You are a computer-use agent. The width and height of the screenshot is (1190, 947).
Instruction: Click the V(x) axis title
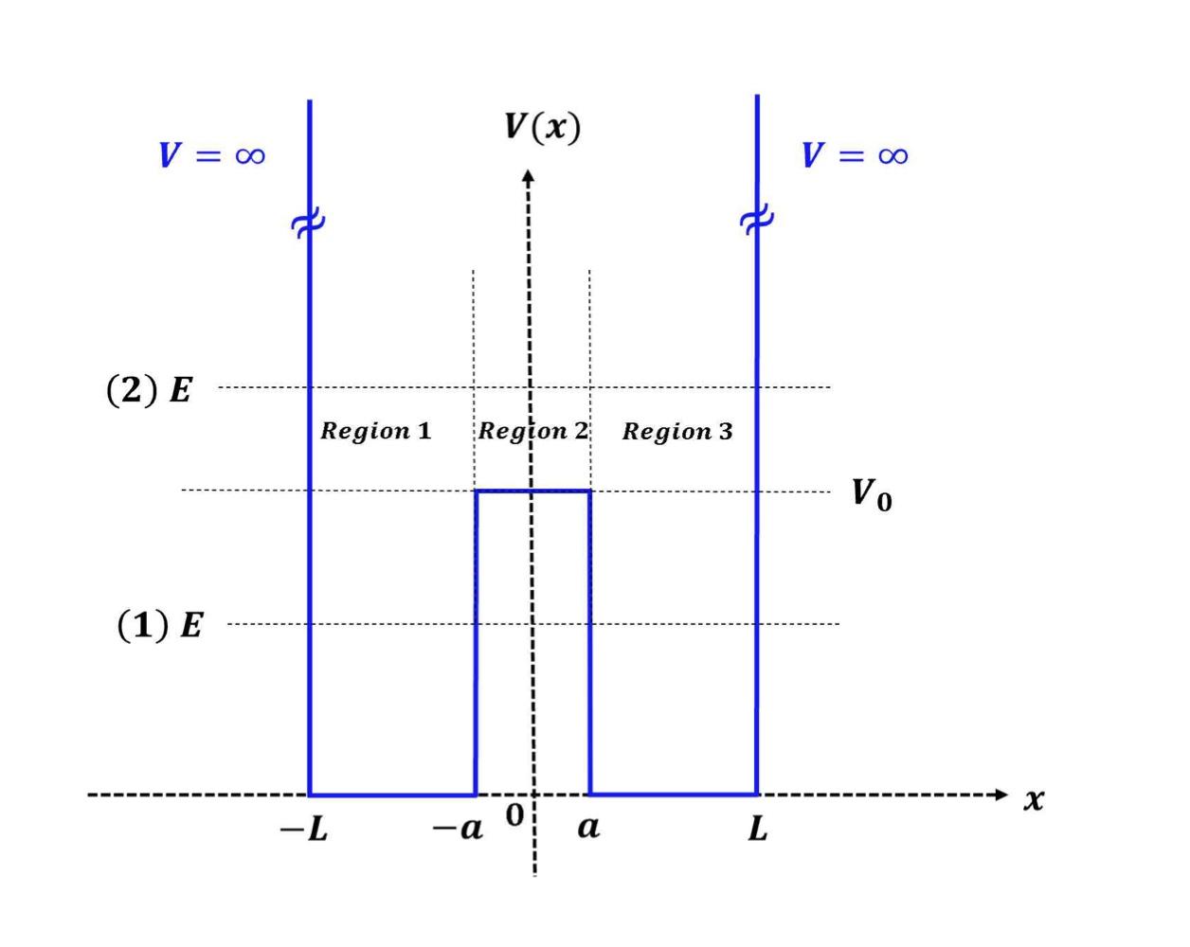(x=542, y=127)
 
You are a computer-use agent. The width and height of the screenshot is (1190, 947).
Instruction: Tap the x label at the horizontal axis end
(x=1034, y=799)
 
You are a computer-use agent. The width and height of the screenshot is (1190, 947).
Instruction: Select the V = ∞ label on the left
(x=211, y=155)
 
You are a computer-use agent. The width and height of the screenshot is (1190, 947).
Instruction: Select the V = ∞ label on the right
(x=855, y=155)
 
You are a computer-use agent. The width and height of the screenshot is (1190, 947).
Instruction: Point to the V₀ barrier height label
(x=871, y=493)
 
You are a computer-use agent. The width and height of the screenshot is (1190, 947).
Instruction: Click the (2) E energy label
(x=150, y=389)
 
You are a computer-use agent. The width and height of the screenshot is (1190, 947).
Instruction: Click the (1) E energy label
(x=159, y=625)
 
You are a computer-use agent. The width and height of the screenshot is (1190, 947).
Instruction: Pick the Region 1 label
(x=376, y=431)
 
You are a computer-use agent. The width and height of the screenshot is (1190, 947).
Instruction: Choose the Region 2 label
(x=532, y=431)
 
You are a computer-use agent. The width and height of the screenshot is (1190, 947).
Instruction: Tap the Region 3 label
(x=677, y=432)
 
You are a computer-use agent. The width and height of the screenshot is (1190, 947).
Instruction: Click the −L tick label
(x=304, y=831)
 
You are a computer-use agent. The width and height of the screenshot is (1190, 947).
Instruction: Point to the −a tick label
(x=458, y=830)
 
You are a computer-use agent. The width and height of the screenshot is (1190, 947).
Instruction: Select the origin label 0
(x=514, y=815)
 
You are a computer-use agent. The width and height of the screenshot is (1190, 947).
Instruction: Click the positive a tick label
(x=588, y=828)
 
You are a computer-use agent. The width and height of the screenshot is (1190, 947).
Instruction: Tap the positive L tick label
(x=758, y=830)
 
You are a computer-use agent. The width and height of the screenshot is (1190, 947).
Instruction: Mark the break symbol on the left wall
(x=308, y=224)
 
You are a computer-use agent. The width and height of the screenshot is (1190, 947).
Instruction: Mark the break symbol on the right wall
(x=756, y=221)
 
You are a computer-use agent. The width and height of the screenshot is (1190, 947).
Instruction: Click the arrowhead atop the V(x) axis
(x=529, y=175)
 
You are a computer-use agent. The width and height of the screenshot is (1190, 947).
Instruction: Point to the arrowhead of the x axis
(x=1001, y=795)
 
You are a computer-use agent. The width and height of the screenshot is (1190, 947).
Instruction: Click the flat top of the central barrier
(x=532, y=491)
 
